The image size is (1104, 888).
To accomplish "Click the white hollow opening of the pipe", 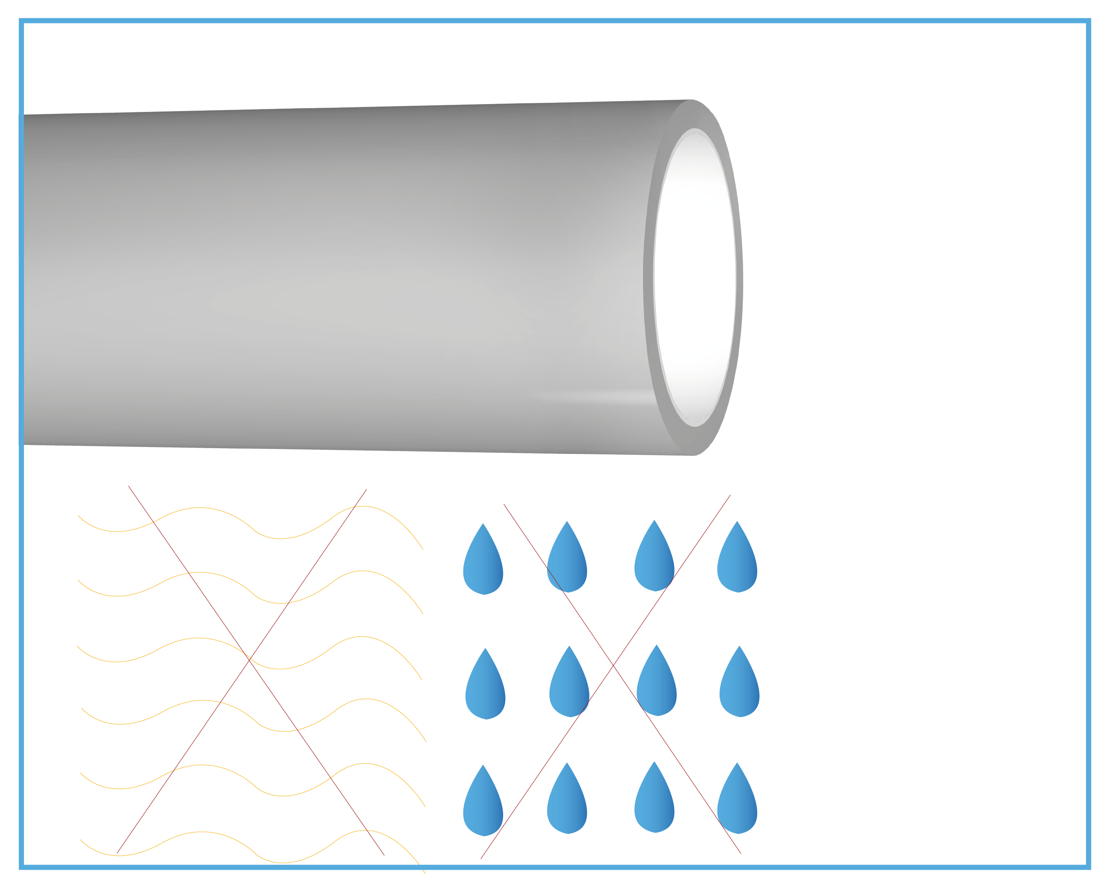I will pos(694,279).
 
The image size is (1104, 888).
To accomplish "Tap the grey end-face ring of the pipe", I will pos(649,279).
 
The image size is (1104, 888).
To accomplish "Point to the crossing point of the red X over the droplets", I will pos(613,664).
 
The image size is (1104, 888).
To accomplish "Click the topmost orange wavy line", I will pos(200,508).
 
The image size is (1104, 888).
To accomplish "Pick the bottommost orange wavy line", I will pos(202,832).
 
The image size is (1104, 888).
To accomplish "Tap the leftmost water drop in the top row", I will pos(483,565).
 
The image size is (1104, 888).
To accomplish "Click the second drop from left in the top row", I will pos(567,563).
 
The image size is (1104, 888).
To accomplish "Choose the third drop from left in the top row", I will pos(654,562).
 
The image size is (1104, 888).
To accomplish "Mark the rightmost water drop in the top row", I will pos(737,563).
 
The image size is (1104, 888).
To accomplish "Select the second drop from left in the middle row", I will pos(569,688).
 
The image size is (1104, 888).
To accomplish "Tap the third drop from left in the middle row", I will pos(656,687).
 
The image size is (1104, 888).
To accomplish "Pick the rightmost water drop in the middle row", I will pos(739,688).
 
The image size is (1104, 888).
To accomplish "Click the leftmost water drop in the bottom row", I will pos(483,807).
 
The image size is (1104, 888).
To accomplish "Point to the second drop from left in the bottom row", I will pos(567,805).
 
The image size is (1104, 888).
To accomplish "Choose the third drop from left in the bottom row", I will pos(654,804).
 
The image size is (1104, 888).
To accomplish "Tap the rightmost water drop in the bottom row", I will pos(737,805).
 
